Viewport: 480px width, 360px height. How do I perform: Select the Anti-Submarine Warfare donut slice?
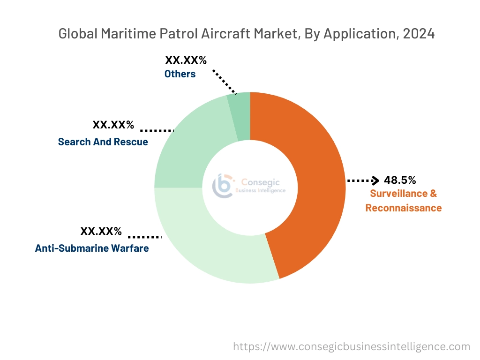(x=202, y=244)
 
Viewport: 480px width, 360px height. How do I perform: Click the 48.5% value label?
(x=399, y=180)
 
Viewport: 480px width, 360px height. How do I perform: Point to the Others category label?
(x=180, y=74)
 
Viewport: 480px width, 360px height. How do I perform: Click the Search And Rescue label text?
(x=103, y=142)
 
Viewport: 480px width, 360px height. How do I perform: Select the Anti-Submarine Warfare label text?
(x=92, y=248)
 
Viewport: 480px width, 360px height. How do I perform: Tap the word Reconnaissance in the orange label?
(x=403, y=208)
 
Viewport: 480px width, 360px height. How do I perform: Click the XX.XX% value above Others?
(x=186, y=60)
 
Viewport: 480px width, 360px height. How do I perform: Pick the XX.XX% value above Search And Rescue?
(x=113, y=125)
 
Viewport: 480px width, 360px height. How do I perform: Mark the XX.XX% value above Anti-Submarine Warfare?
(x=101, y=231)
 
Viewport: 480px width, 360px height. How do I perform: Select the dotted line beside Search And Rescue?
(x=157, y=130)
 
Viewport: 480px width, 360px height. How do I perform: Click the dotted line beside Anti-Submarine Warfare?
(x=144, y=237)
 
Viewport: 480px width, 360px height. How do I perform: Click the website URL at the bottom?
(x=352, y=346)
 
